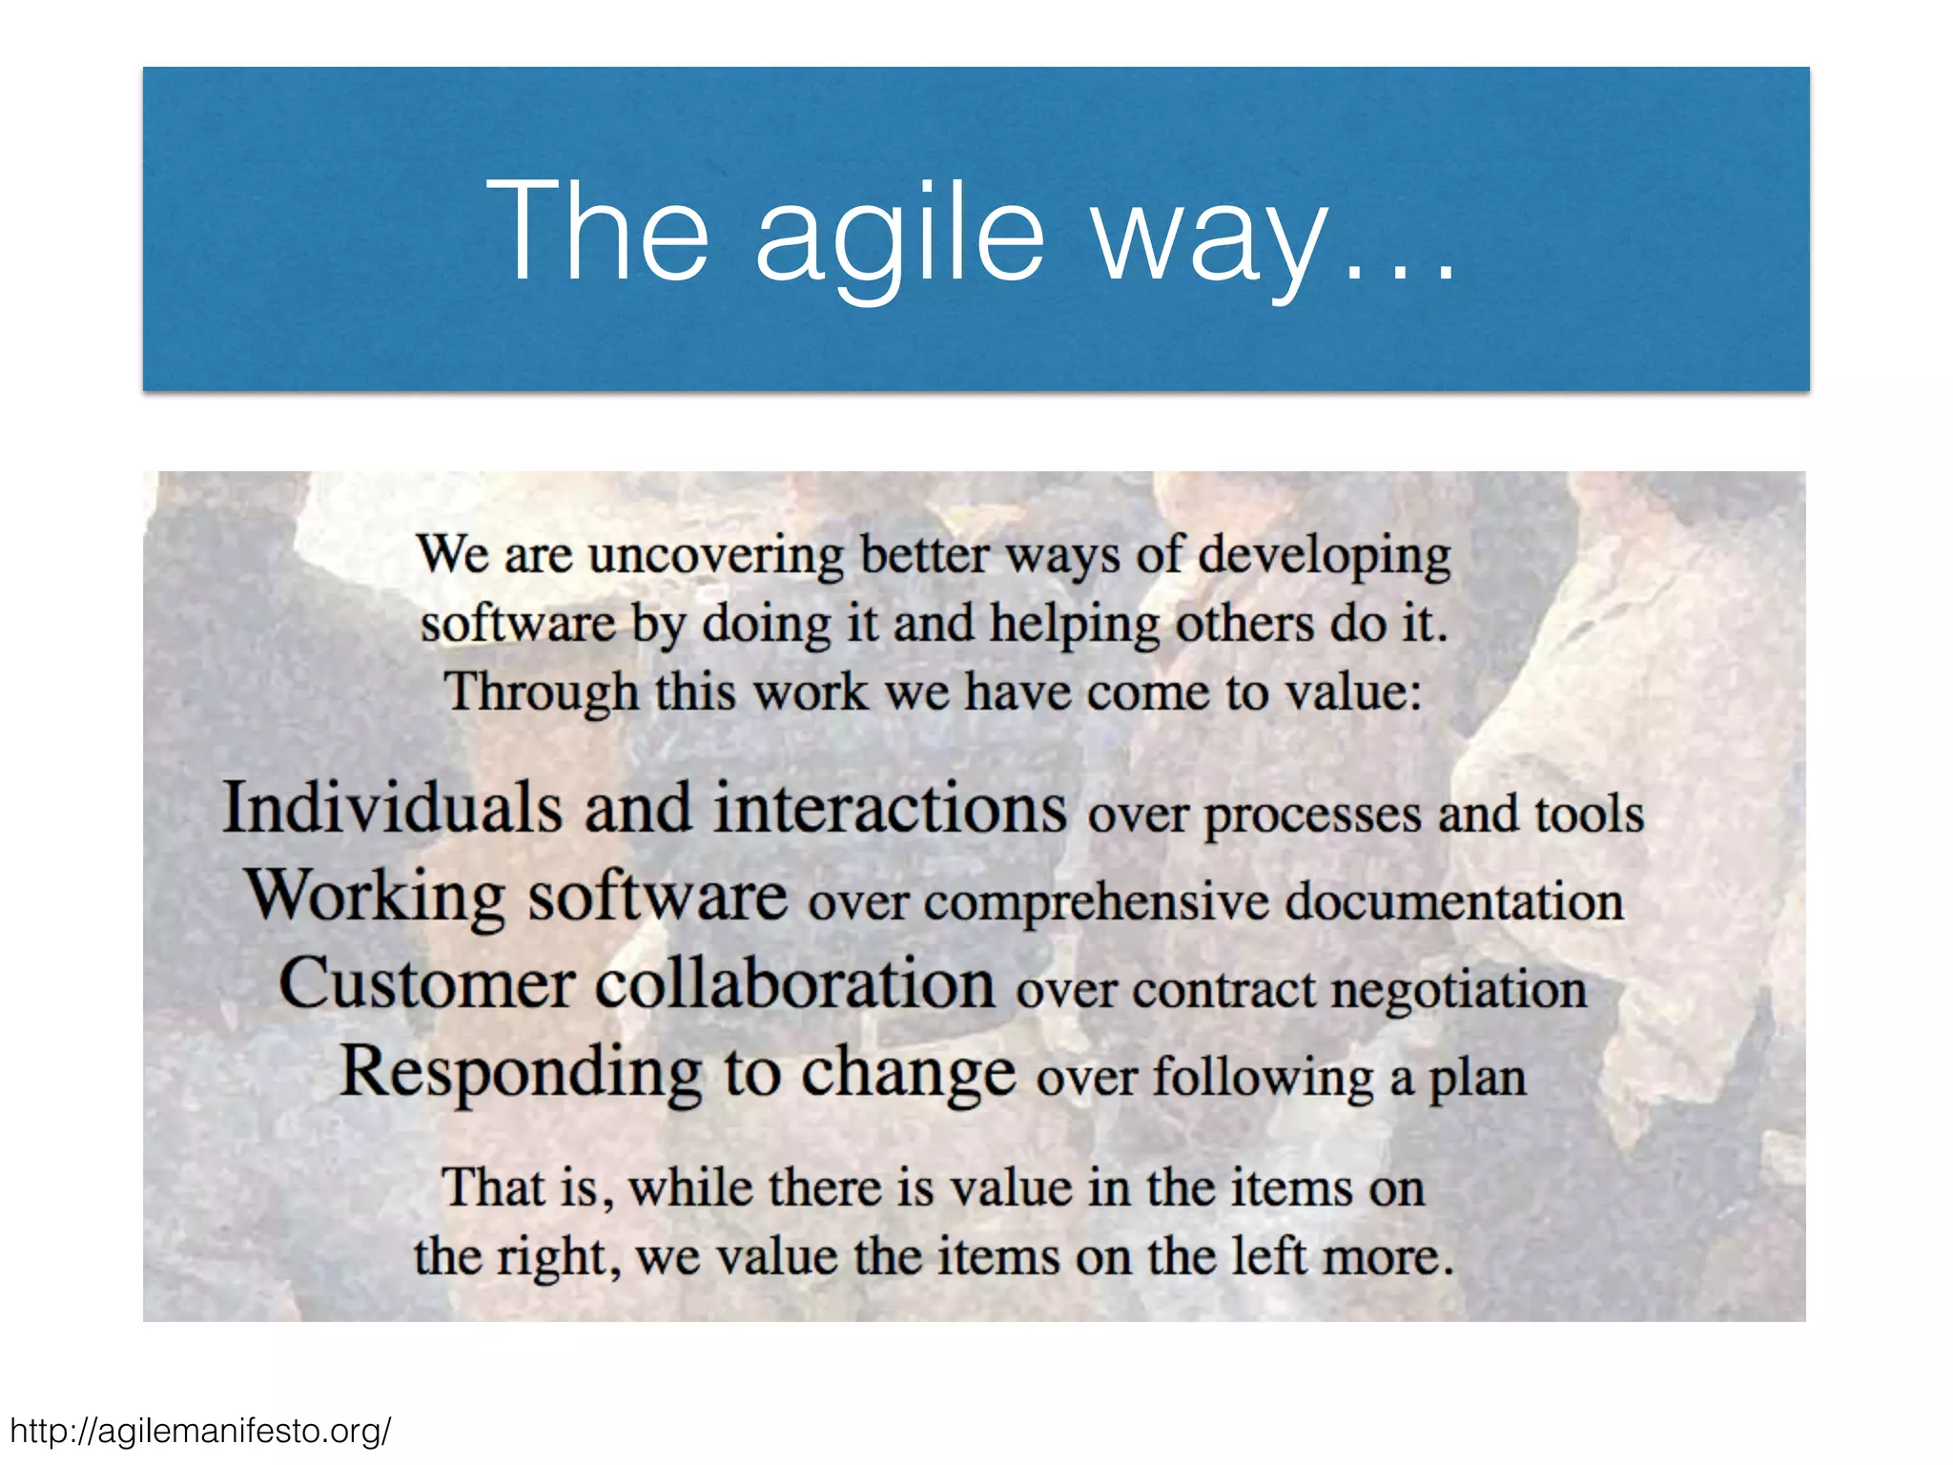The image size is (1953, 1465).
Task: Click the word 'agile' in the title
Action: coord(900,234)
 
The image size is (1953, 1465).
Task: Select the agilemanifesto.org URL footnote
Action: coord(200,1431)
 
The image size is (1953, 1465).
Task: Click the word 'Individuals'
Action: coord(392,809)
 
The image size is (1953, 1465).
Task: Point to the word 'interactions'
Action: coord(890,809)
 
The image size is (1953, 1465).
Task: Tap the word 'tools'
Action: coord(1589,815)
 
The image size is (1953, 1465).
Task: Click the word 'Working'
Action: coord(376,897)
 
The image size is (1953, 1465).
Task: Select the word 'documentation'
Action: coord(1453,902)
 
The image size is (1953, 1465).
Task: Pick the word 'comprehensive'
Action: coord(1096,902)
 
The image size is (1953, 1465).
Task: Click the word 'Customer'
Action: coord(426,983)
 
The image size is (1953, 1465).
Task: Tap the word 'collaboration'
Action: coord(795,983)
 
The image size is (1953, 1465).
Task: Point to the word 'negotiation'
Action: coord(1459,990)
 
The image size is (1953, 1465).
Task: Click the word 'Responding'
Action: coord(521,1073)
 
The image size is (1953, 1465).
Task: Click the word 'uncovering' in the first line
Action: coord(716,555)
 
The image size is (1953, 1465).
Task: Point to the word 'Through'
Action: coord(542,692)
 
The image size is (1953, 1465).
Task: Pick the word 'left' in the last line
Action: coord(1267,1256)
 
